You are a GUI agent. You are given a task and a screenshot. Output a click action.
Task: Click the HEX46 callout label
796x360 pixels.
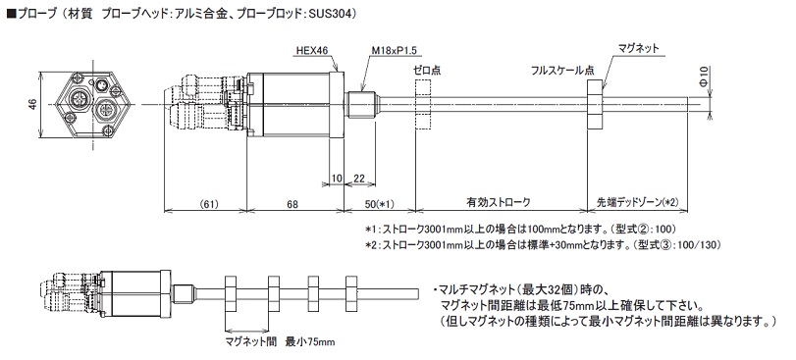(x=312, y=50)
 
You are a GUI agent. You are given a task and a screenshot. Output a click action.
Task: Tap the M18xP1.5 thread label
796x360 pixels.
(x=390, y=50)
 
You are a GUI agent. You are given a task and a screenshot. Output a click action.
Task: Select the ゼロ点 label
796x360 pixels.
(x=427, y=70)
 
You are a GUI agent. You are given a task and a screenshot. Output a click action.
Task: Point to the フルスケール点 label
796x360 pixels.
(x=562, y=70)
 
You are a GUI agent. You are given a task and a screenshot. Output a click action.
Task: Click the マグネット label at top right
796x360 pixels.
(x=638, y=49)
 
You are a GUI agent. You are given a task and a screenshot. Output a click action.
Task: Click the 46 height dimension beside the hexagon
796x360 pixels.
(x=31, y=105)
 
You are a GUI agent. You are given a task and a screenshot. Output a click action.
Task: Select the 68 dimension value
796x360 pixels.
(x=292, y=204)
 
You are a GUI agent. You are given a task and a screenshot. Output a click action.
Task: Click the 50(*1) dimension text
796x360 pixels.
(x=380, y=204)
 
